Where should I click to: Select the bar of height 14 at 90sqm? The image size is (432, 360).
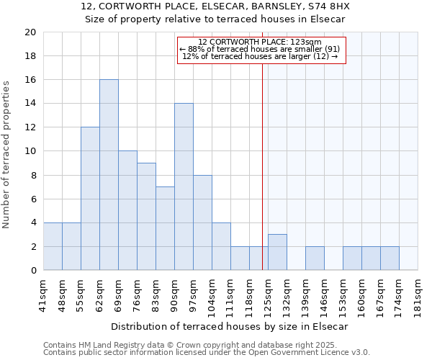(184, 187)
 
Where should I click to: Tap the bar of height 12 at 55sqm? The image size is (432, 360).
(90, 199)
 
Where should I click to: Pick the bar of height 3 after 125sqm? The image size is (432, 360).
(277, 253)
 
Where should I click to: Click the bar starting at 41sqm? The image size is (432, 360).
(53, 246)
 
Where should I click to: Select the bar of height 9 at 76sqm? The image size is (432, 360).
(146, 217)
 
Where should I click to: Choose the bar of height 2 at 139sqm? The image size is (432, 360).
(315, 258)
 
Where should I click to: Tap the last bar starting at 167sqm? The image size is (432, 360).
(390, 258)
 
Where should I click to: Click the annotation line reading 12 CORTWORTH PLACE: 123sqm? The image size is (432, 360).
(260, 42)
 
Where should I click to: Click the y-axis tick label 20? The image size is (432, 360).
(30, 32)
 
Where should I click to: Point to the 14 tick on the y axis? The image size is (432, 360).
(30, 104)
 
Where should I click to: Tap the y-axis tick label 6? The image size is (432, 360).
(33, 199)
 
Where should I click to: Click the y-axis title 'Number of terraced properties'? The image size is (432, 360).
(7, 154)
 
